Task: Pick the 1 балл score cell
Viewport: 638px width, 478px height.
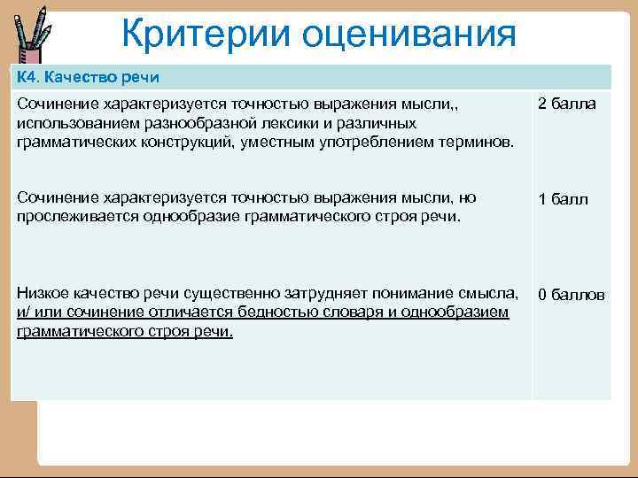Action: pos(563,199)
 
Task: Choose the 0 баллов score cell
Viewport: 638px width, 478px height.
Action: pos(571,294)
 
